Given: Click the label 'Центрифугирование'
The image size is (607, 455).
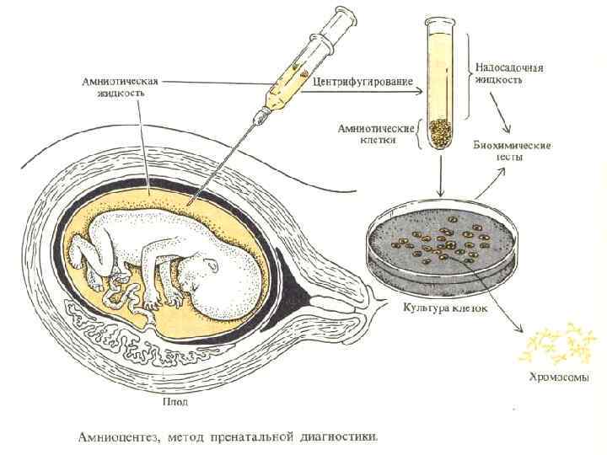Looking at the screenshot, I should [x=362, y=82].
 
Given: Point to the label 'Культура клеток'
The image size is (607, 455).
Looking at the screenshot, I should [x=445, y=308].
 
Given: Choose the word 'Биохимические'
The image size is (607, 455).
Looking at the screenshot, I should [x=512, y=145].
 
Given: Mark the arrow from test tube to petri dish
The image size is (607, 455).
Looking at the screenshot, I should [x=439, y=177].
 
